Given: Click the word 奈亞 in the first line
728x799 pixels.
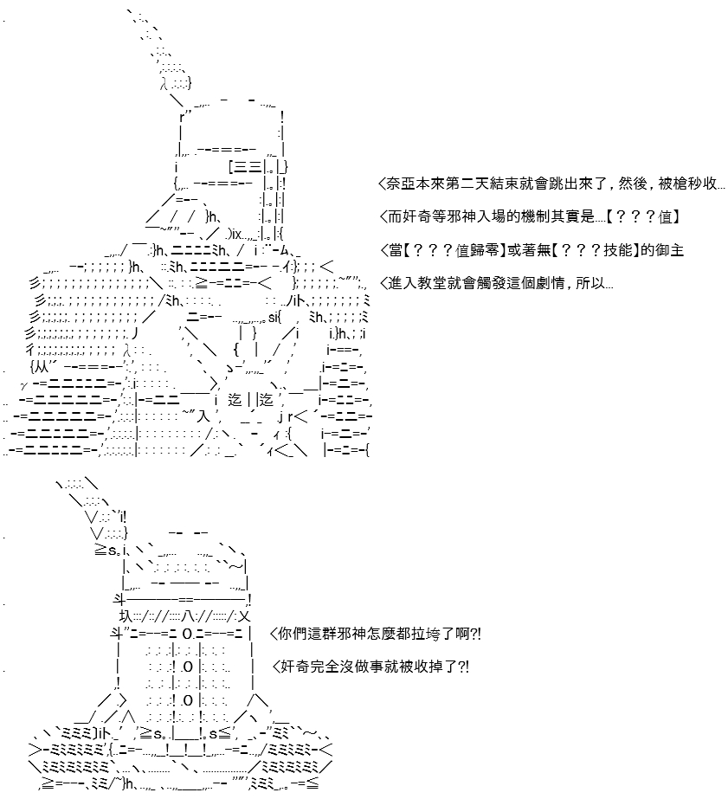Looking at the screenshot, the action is [x=401, y=184].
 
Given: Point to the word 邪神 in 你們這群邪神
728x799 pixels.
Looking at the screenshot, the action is [x=352, y=635].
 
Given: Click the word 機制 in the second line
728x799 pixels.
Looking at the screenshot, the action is [x=535, y=217].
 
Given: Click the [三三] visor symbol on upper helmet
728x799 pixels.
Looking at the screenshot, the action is [x=245, y=166].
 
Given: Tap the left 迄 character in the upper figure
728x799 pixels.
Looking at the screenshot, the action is [x=235, y=400].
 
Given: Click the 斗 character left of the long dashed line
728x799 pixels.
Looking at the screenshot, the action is [x=119, y=600].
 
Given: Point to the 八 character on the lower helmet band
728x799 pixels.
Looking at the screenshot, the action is [x=188, y=617].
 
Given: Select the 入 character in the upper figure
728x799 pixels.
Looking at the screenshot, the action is [x=203, y=416].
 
